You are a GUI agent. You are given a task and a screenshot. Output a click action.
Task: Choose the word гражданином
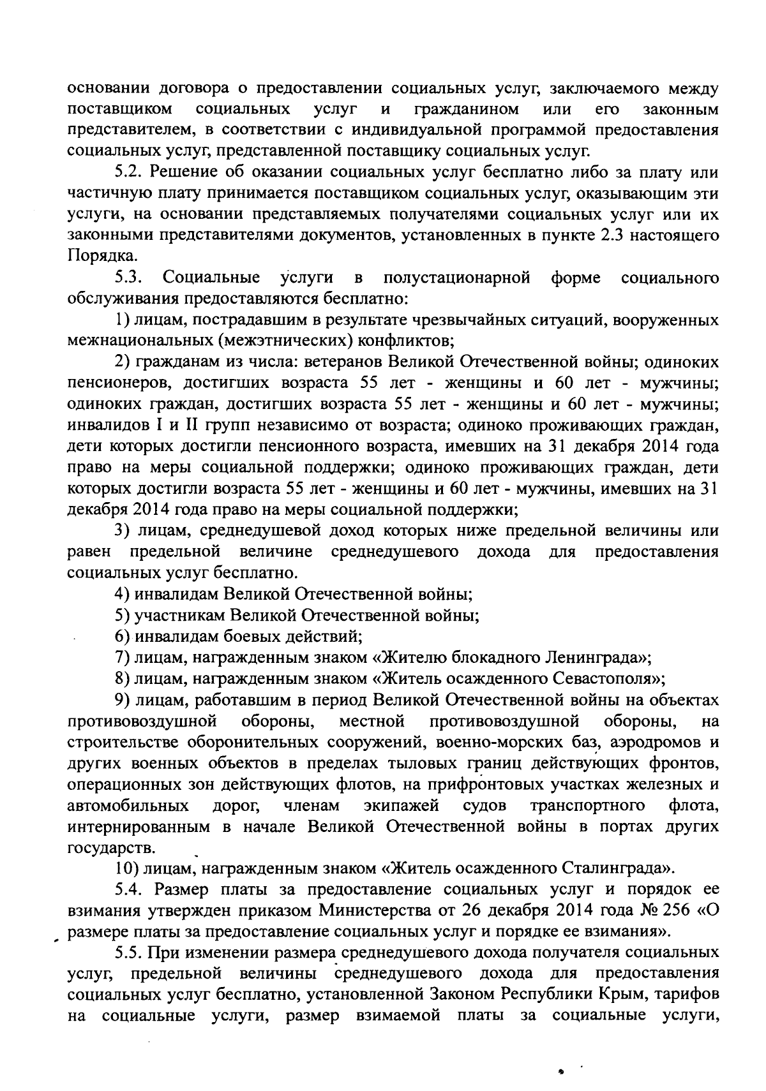click(466, 110)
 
